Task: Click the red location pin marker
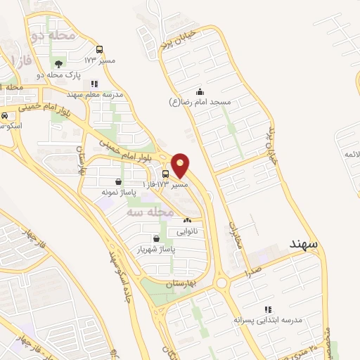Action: (181, 165)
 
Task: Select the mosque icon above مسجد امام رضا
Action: (200, 91)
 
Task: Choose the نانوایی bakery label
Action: (186, 230)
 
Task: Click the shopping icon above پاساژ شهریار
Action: (156, 238)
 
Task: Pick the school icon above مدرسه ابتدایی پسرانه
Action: (267, 309)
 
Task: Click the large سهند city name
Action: (304, 243)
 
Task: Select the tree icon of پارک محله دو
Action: (58, 65)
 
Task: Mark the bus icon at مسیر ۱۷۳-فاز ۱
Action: (165, 174)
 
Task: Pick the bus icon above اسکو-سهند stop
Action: (5, 115)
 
